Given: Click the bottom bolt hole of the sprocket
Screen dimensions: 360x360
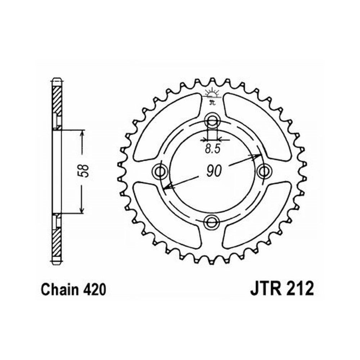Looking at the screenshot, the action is tap(212, 222).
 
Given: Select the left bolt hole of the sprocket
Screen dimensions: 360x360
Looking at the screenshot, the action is tap(160, 171).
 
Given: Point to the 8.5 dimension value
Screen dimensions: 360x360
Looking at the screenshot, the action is tap(212, 149).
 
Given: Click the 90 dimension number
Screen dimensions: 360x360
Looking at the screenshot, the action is tap(214, 171).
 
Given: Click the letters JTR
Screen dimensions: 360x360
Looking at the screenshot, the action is tap(266, 289).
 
